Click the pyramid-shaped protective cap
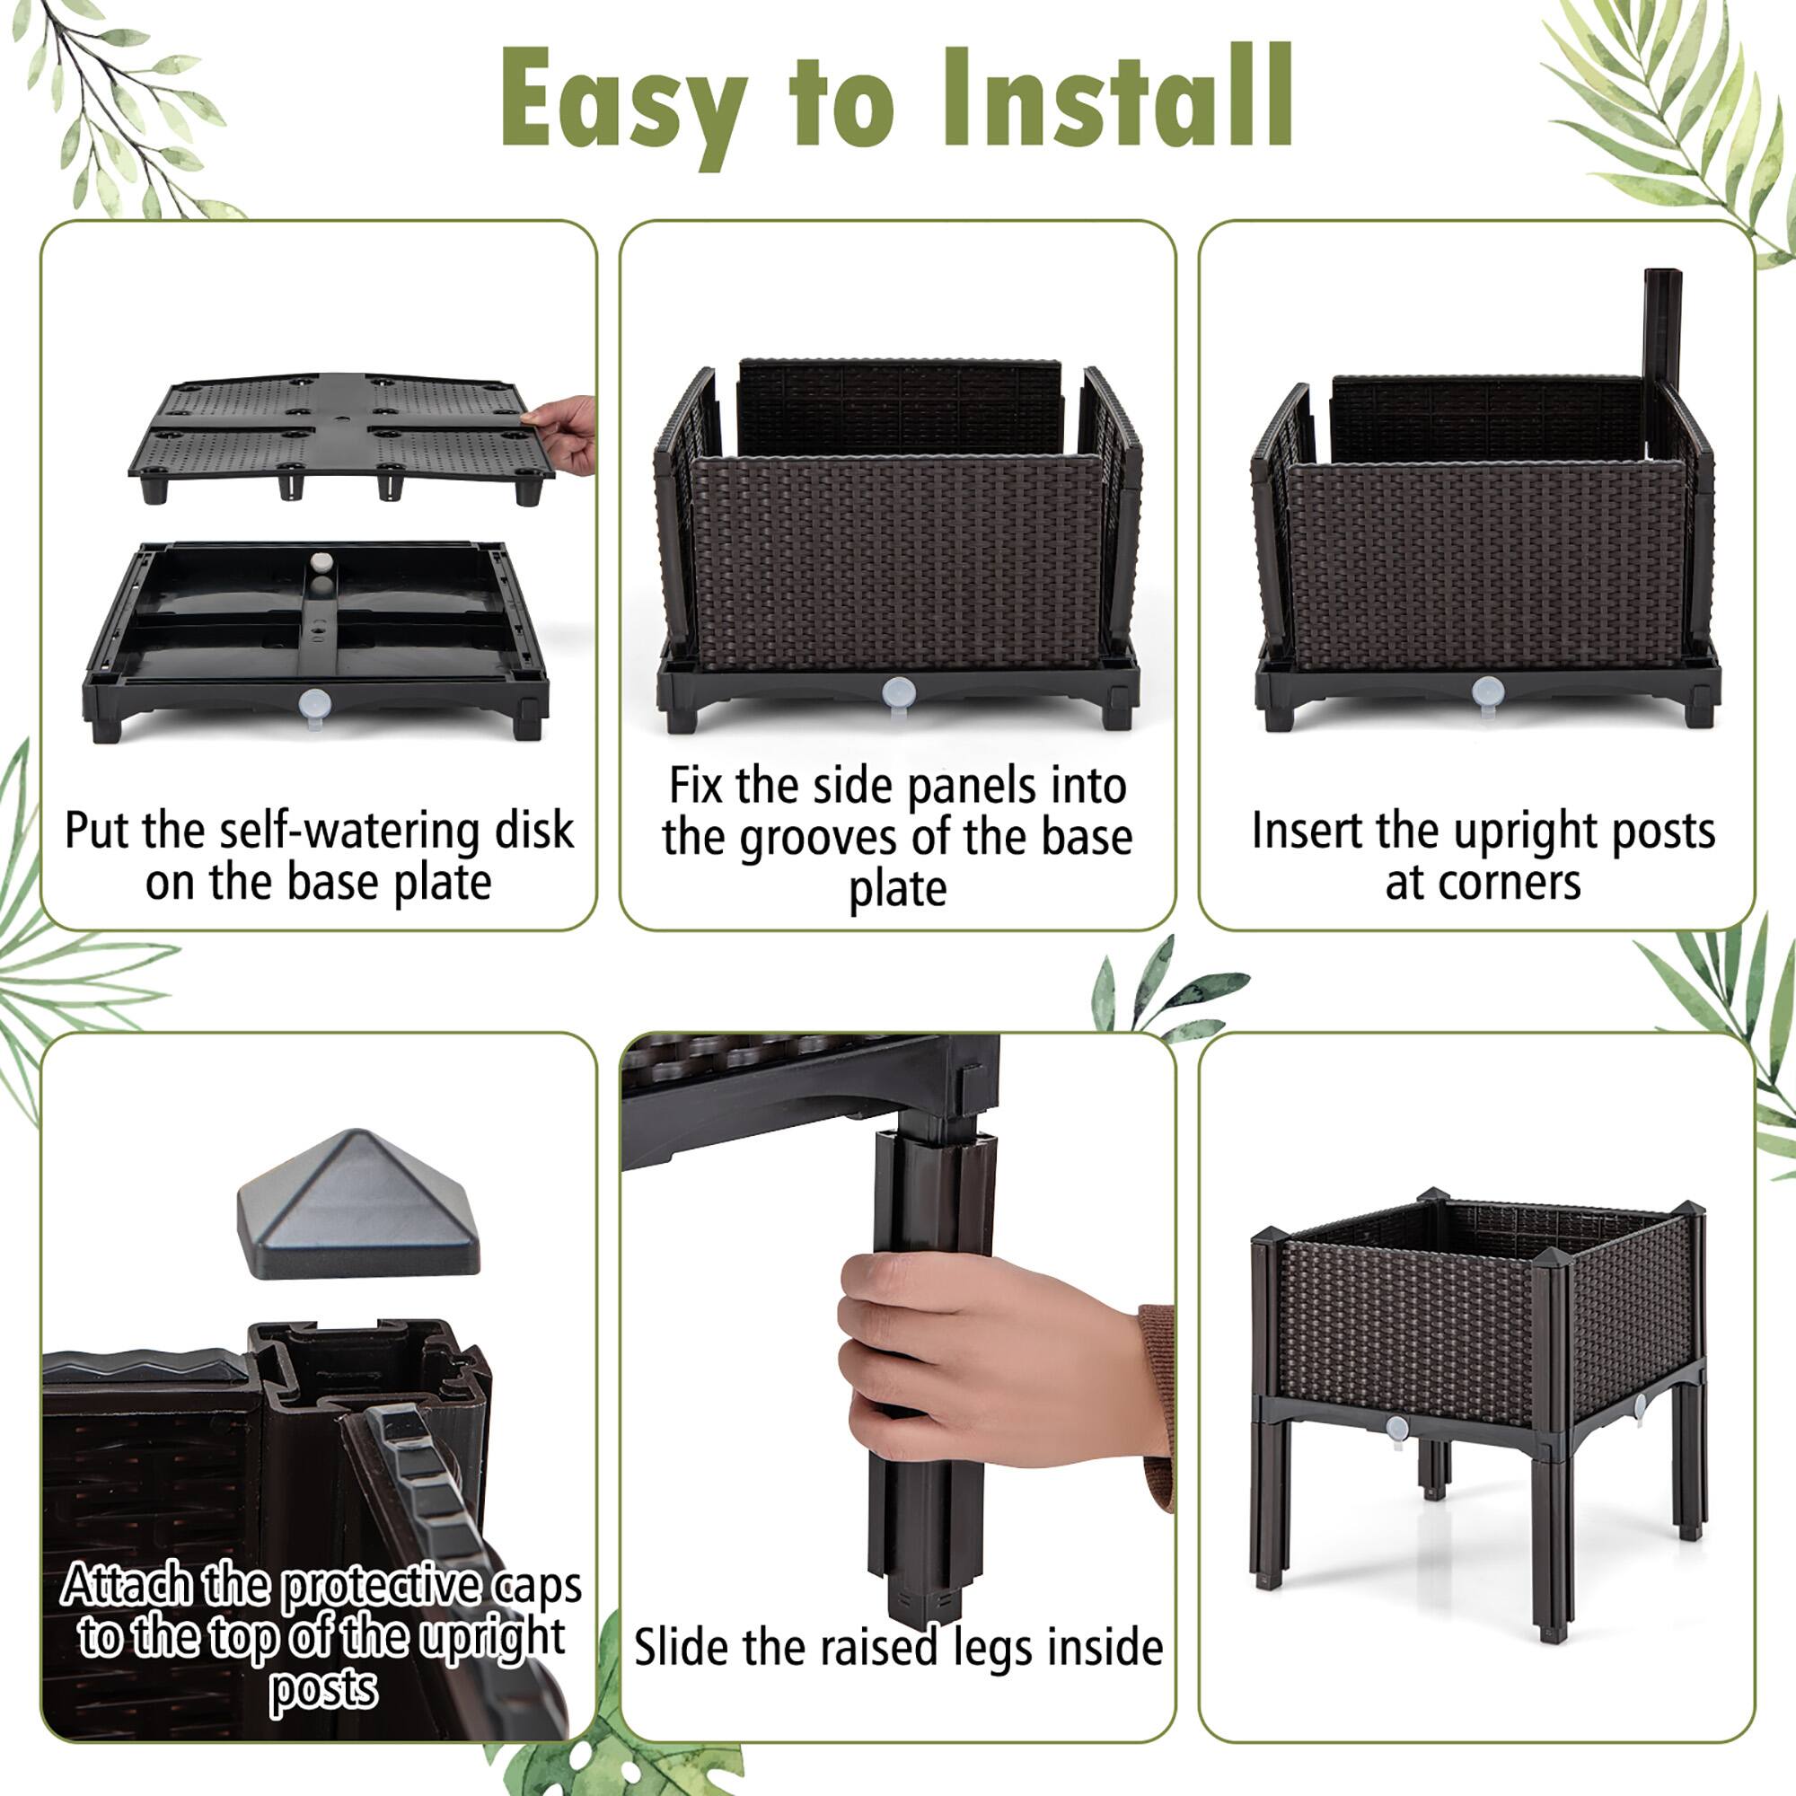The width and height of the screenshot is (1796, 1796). coord(358,1205)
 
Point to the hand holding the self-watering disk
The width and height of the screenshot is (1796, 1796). coord(563,431)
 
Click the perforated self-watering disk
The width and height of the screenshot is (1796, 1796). coord(339,427)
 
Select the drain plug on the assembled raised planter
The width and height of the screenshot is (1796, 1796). coord(1396,1430)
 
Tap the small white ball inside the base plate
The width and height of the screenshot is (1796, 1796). coord(320,562)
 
